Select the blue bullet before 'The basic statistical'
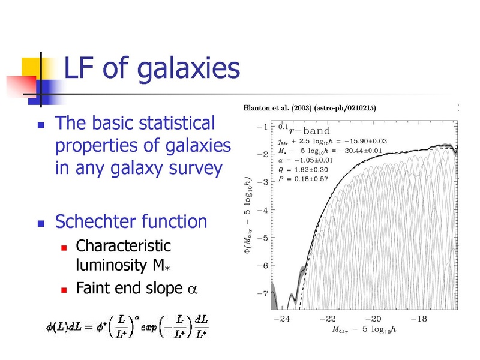(41, 125)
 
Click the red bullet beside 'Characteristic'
(64, 248)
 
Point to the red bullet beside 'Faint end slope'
(64, 290)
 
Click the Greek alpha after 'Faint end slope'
(192, 289)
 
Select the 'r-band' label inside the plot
(310, 131)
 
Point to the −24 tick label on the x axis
(282, 319)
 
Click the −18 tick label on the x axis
(419, 319)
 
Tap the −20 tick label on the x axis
(373, 319)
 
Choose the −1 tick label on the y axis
(263, 127)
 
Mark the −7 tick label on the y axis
(263, 293)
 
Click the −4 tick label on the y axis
(263, 211)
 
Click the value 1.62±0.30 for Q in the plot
(311, 170)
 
